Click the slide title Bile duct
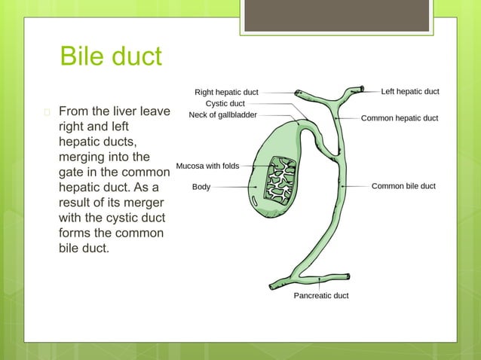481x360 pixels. (x=111, y=57)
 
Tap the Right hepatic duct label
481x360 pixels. (x=226, y=92)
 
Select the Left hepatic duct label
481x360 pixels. (x=409, y=91)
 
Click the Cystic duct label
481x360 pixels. (x=225, y=103)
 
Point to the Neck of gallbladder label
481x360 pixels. (x=222, y=115)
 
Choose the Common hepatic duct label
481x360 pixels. (x=399, y=118)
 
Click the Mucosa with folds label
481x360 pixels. (x=207, y=166)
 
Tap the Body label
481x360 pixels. (x=201, y=186)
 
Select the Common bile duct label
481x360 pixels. (x=403, y=186)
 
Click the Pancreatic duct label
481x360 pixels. (x=320, y=296)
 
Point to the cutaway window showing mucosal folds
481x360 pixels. (x=283, y=181)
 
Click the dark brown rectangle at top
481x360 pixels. (x=336, y=15)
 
